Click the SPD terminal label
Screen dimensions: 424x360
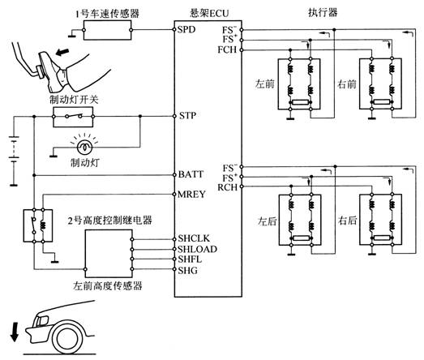(x=186, y=29)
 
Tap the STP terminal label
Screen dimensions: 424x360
(x=187, y=116)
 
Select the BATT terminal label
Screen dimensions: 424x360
(x=191, y=174)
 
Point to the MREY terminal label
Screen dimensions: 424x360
(x=191, y=195)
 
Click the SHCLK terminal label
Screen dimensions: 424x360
(x=194, y=238)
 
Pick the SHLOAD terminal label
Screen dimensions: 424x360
(x=197, y=249)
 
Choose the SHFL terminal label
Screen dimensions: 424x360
(x=190, y=259)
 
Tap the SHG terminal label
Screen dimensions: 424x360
(x=187, y=270)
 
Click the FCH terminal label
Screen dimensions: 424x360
(x=227, y=49)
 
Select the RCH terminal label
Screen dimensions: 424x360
(x=228, y=187)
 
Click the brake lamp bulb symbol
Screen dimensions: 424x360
(x=84, y=147)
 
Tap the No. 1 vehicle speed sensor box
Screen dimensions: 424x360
(x=107, y=30)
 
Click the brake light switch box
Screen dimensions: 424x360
(x=73, y=117)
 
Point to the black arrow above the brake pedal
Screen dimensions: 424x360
(x=62, y=51)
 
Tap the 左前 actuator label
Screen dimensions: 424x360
(x=265, y=84)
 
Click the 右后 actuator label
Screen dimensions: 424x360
(x=347, y=221)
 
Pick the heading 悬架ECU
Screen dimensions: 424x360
(x=209, y=13)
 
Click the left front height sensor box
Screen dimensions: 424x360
(x=109, y=254)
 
